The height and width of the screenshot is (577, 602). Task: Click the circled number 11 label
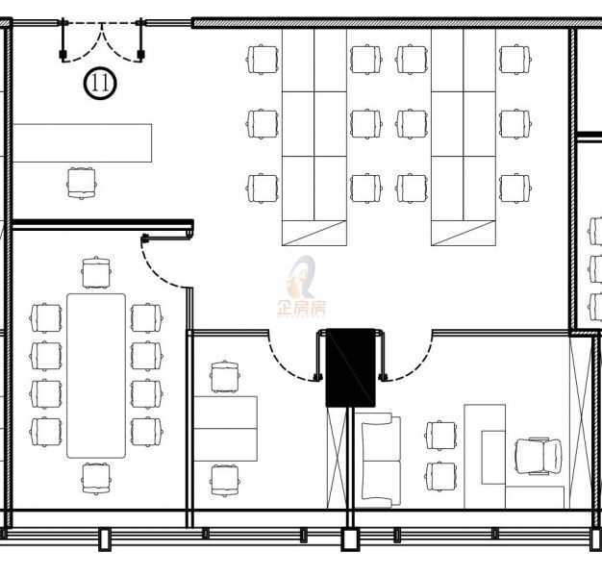coord(100,83)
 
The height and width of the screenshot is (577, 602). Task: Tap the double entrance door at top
coord(102,41)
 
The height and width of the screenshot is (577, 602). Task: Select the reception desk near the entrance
coord(82,143)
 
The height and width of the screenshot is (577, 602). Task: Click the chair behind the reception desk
coord(82,183)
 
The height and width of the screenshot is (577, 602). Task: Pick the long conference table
coord(96,376)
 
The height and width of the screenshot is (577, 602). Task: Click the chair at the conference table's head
coord(96,272)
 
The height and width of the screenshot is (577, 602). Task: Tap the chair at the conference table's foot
coord(96,479)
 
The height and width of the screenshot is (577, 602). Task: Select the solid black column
coord(351,367)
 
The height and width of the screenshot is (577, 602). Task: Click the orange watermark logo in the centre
coord(302,287)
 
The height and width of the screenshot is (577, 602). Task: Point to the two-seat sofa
coord(381,461)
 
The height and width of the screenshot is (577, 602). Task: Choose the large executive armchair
coord(538,456)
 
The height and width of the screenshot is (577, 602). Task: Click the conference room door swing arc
coord(163,264)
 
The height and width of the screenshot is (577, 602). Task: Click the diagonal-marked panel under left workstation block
coord(314,233)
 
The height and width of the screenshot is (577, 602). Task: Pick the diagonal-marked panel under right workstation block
coord(464,233)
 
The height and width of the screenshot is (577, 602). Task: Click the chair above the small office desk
coord(225,376)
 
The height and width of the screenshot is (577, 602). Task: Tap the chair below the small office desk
coord(225,481)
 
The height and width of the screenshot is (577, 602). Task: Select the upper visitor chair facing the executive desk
coord(441,436)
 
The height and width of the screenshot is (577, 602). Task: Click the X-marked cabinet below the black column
coord(337,458)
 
